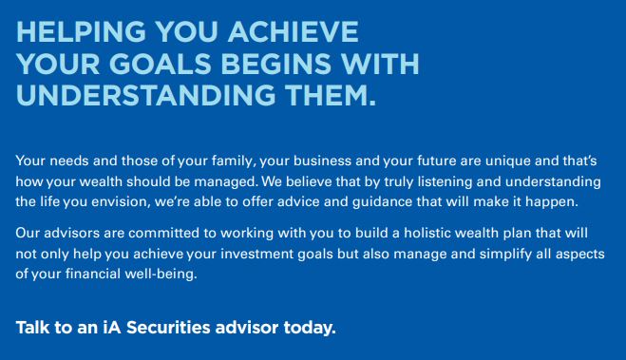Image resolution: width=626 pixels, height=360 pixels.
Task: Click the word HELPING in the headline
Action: [81, 32]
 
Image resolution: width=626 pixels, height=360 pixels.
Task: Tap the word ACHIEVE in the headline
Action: [293, 32]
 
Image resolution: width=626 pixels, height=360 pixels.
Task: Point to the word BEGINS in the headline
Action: [275, 64]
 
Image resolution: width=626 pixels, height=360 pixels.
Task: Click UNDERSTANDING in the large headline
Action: [145, 95]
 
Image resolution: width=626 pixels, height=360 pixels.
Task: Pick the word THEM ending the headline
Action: [331, 95]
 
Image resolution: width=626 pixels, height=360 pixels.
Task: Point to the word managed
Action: [225, 182]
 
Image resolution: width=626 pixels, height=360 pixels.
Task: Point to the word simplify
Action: [505, 255]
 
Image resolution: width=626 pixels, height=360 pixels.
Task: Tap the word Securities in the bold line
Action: [168, 328]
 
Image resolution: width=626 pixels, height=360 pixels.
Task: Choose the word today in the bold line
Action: [310, 328]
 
